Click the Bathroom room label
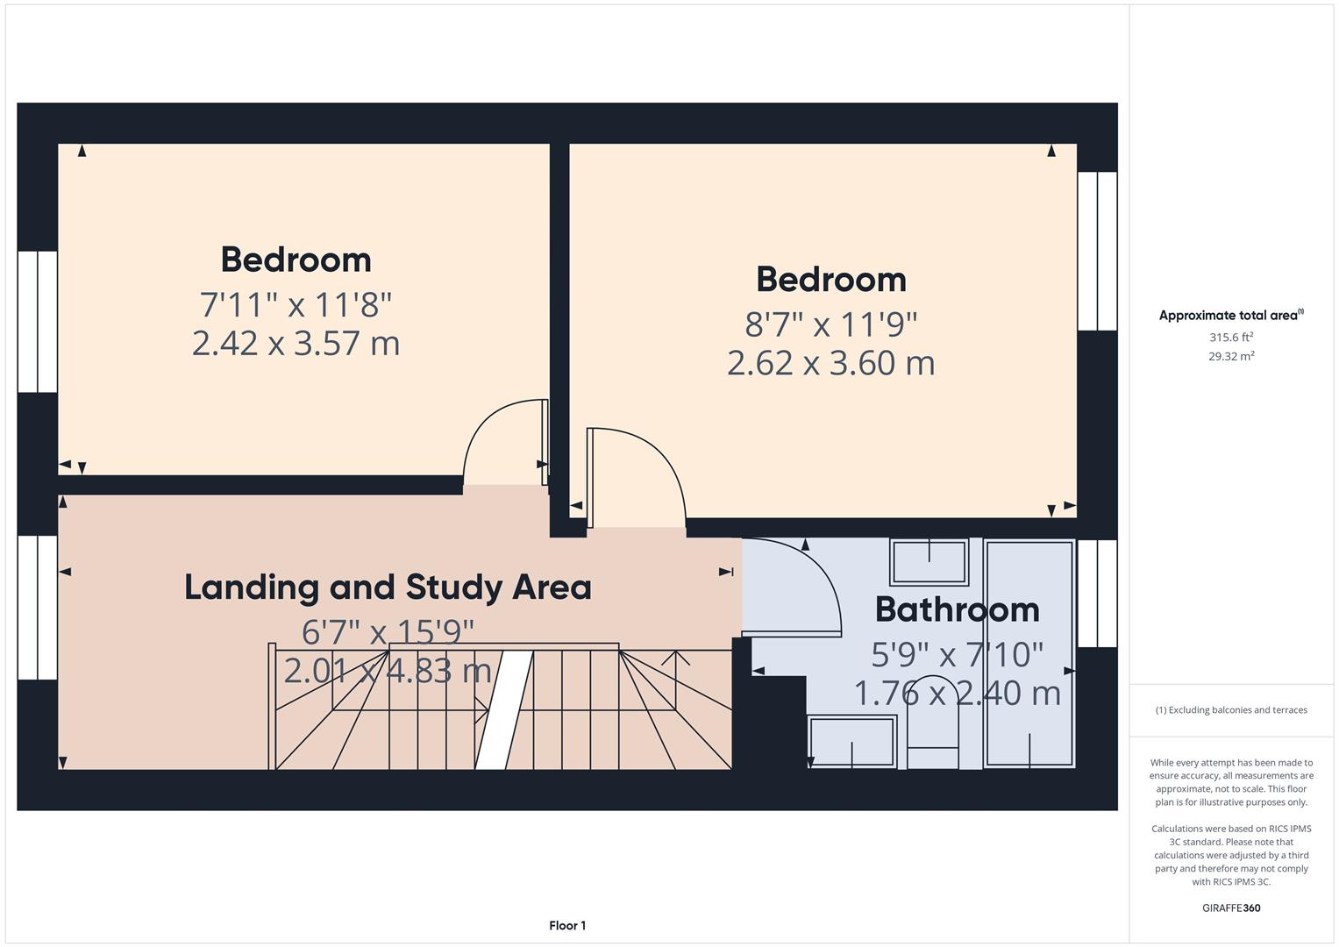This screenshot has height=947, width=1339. point(957,609)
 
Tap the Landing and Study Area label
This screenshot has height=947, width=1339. point(388,587)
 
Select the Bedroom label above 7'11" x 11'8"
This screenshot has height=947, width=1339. point(296,260)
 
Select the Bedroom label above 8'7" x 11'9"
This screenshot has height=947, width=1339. point(830,280)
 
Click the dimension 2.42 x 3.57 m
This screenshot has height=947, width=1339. point(296,343)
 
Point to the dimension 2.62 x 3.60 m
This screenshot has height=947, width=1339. point(830,363)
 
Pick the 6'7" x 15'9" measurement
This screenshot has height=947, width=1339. point(388,631)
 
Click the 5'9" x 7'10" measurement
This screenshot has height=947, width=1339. point(957,653)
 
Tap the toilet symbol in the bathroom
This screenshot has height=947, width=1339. point(933,723)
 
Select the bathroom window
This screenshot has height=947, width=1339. point(1097,593)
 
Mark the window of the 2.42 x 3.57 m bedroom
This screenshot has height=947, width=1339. point(38,321)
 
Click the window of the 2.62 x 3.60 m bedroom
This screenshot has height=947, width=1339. point(1097,251)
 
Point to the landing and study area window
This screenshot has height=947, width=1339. point(38,607)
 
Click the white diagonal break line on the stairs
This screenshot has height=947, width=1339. point(505,710)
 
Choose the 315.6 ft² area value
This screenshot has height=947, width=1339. point(1230,337)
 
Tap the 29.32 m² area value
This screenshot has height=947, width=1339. point(1230,356)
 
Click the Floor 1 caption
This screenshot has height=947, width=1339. point(567,925)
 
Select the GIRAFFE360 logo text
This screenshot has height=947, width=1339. point(1230,908)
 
